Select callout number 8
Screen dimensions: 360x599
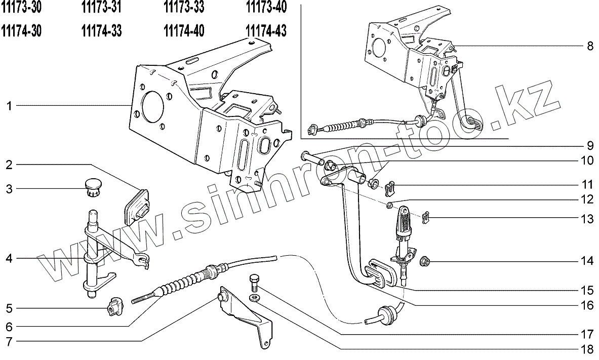pos(589,47)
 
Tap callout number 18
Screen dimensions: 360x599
pos(587,349)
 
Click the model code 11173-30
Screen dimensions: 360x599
pos(21,8)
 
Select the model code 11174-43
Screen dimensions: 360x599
pos(266,31)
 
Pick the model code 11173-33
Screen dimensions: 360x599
pos(184,8)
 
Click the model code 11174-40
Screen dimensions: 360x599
pos(184,31)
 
